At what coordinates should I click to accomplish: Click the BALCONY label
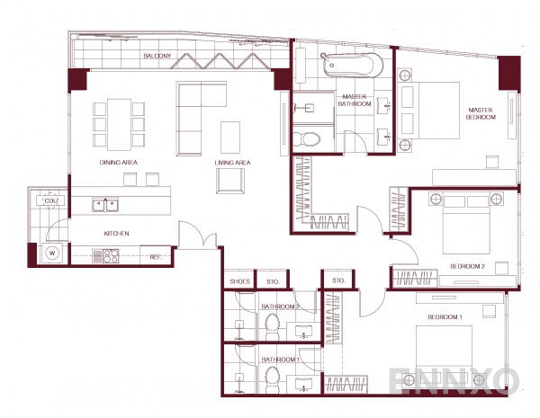click(x=157, y=57)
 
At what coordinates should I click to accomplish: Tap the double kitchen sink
click(x=103, y=205)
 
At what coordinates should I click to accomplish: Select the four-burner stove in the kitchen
click(x=112, y=255)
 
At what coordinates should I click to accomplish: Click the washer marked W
click(x=51, y=253)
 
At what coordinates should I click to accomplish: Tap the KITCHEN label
click(x=116, y=234)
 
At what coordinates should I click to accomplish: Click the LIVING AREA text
click(x=232, y=163)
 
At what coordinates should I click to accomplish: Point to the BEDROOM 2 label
click(x=467, y=267)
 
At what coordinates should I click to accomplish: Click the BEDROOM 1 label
click(x=444, y=318)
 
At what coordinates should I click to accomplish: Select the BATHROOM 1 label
click(x=280, y=360)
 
